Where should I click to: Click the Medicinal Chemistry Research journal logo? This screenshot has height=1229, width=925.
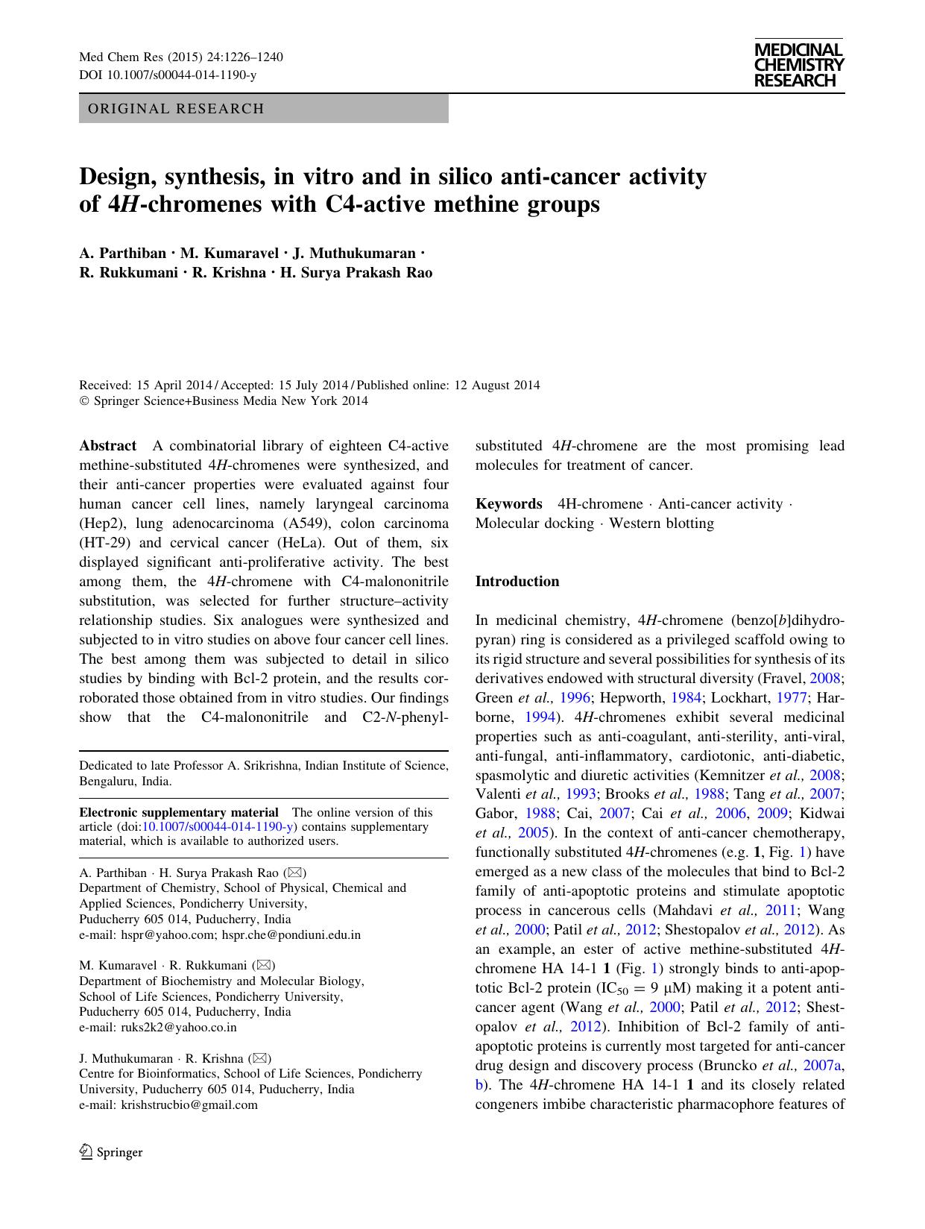[x=798, y=66]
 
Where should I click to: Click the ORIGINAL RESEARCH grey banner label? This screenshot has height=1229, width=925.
[x=176, y=109]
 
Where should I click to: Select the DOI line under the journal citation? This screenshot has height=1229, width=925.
[x=168, y=75]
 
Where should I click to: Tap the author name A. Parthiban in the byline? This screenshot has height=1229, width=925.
[x=122, y=253]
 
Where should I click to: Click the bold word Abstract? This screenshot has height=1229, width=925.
[x=108, y=446]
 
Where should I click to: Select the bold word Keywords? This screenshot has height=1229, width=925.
[x=509, y=504]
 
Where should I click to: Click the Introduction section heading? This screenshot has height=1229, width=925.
[x=517, y=582]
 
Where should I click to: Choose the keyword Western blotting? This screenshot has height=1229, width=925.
[x=661, y=524]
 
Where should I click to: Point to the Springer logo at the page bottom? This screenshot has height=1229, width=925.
[x=111, y=1151]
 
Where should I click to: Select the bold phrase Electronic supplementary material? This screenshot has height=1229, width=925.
[x=179, y=812]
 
